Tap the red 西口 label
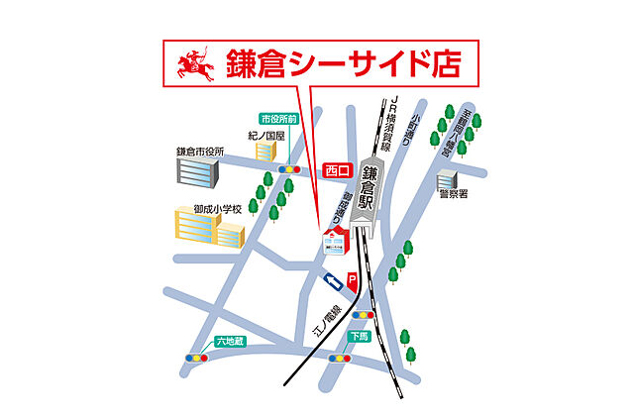pyautogui.click(x=338, y=170)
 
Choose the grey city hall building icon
pyautogui.click(x=198, y=174)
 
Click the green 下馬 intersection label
pyautogui.click(x=357, y=337)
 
